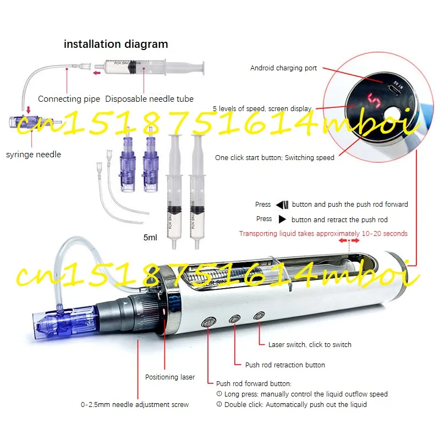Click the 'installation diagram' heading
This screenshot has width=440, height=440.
tap(116, 44)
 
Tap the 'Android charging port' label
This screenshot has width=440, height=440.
tap(283, 68)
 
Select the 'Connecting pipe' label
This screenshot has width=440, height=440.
tap(69, 99)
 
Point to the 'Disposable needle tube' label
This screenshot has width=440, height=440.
tap(149, 99)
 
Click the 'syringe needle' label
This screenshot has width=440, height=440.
tap(34, 155)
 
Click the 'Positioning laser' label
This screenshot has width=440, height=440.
tap(170, 377)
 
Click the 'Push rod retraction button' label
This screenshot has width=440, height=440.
tap(285, 365)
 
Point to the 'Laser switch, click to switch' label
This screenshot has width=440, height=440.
tap(310, 344)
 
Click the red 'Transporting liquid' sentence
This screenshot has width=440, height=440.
tap(323, 233)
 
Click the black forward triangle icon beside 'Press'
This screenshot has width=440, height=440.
tap(282, 219)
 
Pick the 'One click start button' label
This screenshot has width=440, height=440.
tap(274, 158)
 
